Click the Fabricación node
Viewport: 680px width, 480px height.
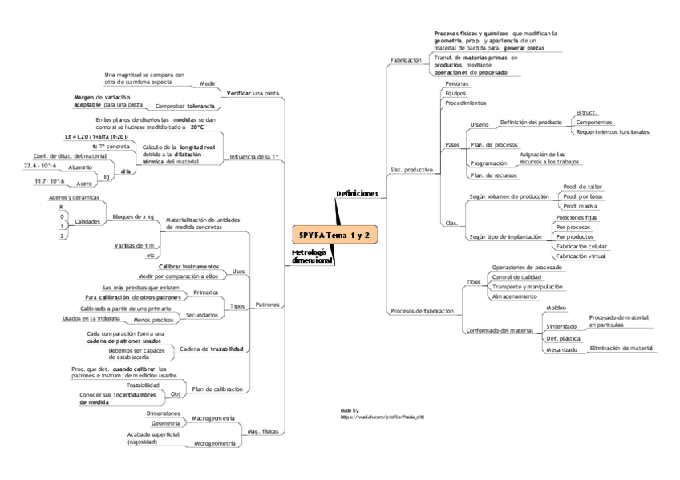[405, 60]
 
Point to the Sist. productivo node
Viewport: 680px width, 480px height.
[411, 170]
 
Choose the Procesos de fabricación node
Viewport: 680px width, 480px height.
[421, 310]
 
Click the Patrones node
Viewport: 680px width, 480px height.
[268, 305]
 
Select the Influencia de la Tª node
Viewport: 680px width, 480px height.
[254, 157]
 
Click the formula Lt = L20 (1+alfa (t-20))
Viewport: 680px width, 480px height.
[96, 137]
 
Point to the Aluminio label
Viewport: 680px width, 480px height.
[79, 167]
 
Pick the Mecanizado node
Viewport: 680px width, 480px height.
[561, 349]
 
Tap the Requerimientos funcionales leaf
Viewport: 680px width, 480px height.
[613, 131]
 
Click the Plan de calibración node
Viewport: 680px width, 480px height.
[217, 389]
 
